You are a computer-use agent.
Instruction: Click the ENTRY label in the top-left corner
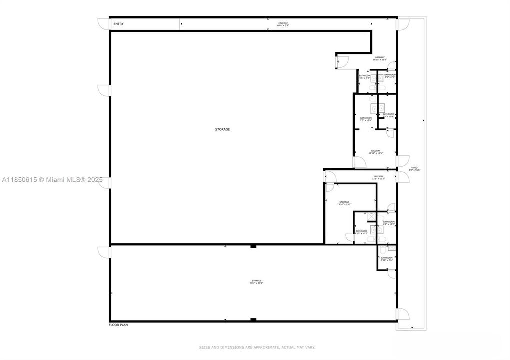(119, 24)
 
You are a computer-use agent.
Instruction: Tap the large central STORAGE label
(222, 129)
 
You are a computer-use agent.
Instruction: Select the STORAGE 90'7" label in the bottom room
(256, 282)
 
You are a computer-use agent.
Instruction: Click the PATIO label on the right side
(414, 169)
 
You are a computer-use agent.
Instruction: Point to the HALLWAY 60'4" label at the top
(283, 24)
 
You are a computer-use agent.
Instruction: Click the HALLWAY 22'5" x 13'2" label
(378, 177)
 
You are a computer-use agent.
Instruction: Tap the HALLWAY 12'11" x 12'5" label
(375, 152)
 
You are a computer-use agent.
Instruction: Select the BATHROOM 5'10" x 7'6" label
(386, 259)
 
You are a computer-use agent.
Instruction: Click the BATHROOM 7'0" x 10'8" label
(366, 119)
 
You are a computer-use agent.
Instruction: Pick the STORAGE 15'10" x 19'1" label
(344, 203)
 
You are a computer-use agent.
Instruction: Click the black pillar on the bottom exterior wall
(253, 320)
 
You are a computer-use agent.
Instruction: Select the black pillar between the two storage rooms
(253, 246)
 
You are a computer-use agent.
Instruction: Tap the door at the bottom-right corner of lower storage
(403, 314)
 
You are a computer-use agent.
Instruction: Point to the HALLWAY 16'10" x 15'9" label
(380, 58)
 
